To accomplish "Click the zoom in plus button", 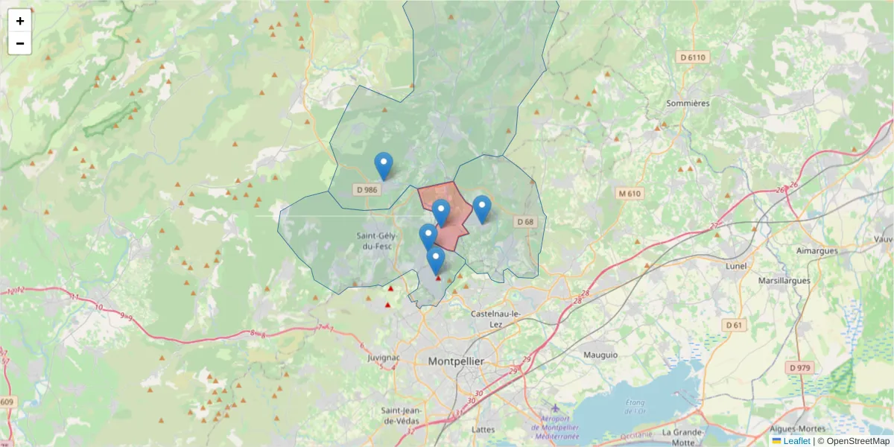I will (x=20, y=21).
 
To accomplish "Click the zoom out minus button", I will (x=20, y=43).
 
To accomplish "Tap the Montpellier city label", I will (x=456, y=361).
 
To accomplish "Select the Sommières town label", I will (x=688, y=103).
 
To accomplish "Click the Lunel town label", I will (x=736, y=265).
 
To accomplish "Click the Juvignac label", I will (x=384, y=358).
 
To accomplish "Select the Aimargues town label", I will (x=817, y=251).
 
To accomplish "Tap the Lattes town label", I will (x=484, y=430).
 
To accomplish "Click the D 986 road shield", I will (x=367, y=189).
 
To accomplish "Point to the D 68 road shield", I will (x=525, y=221).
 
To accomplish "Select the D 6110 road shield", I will (x=692, y=57).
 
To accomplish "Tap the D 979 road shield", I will (x=801, y=367).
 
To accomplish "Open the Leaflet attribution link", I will (x=796, y=441).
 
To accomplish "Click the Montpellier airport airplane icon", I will (x=555, y=408).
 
